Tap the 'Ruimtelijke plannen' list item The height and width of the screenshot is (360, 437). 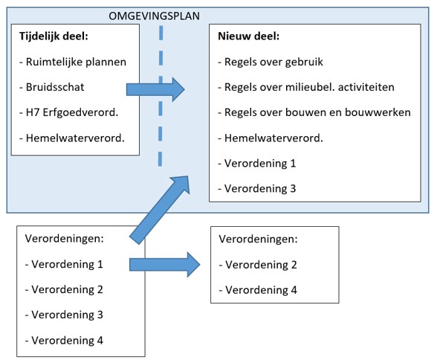[x=74, y=62]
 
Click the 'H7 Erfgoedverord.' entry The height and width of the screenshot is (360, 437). [x=68, y=112]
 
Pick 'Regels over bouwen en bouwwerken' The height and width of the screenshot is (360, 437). [x=314, y=112]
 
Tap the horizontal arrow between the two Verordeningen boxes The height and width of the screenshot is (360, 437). [x=166, y=264]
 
